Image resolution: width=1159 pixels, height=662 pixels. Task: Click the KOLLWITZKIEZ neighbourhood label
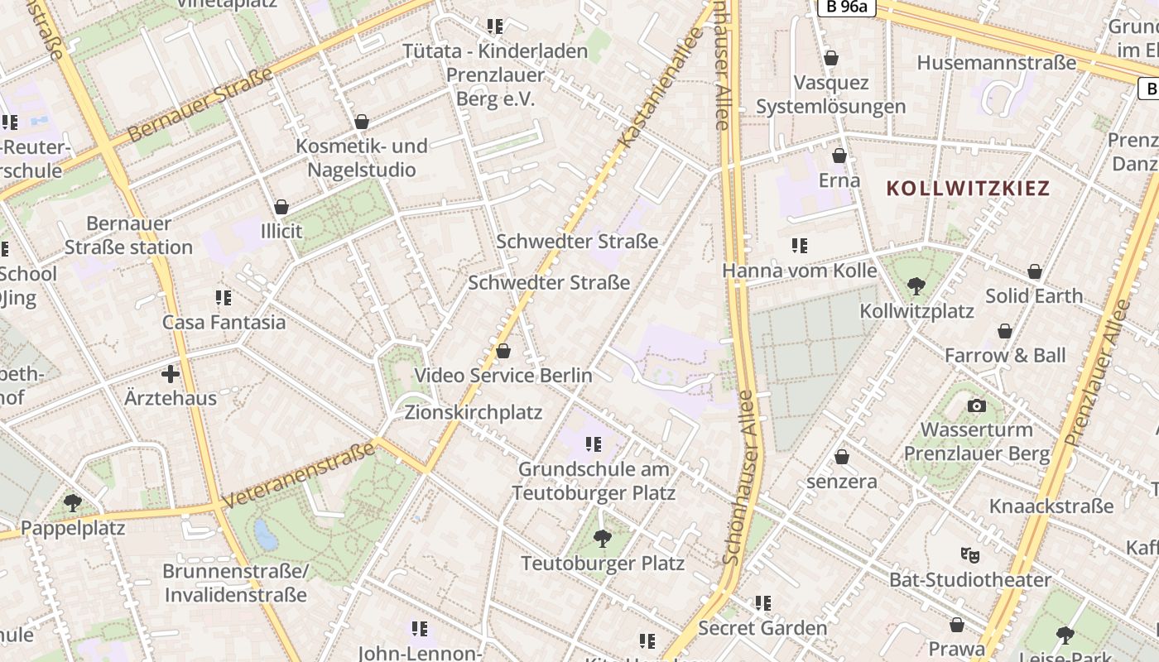click(968, 189)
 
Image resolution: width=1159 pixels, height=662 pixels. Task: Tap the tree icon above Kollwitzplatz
click(916, 286)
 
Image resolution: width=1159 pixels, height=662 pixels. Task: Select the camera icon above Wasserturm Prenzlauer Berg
click(977, 405)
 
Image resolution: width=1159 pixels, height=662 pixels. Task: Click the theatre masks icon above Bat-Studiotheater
click(969, 554)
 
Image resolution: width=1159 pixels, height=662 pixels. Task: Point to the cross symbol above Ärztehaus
click(171, 374)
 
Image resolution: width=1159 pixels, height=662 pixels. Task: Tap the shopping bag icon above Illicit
click(281, 207)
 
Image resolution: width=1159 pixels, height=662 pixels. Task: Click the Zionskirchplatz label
click(474, 412)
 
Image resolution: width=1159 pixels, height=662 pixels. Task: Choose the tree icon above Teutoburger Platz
click(603, 539)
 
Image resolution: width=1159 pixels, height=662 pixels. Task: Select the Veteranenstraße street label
click(299, 476)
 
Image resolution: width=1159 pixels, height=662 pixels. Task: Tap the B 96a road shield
click(846, 7)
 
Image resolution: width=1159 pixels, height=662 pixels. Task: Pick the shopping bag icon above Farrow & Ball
click(1005, 332)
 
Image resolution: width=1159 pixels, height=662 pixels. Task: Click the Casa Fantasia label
click(224, 322)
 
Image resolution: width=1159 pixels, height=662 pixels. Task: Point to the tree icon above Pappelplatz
click(73, 502)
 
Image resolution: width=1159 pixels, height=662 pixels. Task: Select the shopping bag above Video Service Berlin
click(503, 351)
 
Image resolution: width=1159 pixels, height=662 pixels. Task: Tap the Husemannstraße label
click(997, 63)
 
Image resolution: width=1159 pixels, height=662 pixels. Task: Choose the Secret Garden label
click(762, 628)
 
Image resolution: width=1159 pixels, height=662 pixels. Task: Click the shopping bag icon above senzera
click(842, 457)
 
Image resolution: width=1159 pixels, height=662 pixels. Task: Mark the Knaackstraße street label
click(1051, 506)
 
